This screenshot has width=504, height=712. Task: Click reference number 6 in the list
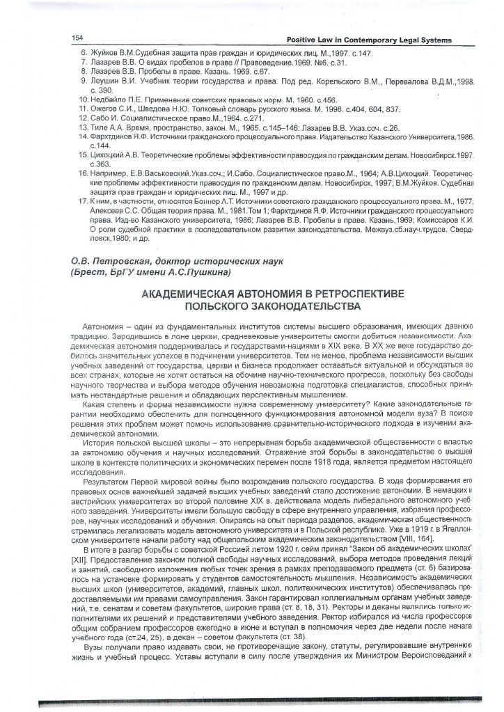pyautogui.click(x=84, y=53)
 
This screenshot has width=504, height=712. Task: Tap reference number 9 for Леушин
pyautogui.click(x=84, y=81)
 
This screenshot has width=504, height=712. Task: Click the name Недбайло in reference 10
pyautogui.click(x=113, y=100)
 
